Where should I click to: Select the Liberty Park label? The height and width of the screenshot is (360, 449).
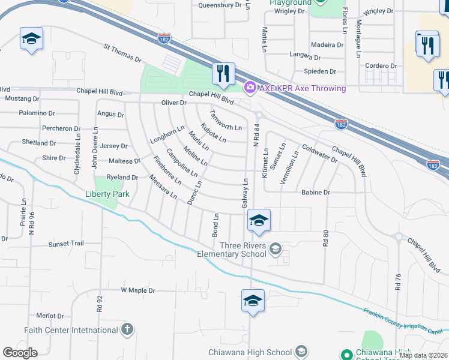(106, 194)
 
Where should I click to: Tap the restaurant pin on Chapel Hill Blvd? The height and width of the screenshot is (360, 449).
(223, 74)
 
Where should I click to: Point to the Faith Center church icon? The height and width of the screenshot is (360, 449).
(126, 329)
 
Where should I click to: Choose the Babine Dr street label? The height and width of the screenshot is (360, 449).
(315, 193)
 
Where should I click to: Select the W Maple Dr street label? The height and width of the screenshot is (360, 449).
(138, 290)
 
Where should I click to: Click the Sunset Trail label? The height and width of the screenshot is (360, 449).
(66, 244)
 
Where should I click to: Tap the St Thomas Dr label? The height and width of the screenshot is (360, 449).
(122, 53)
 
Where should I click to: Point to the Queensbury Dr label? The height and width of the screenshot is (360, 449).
(220, 5)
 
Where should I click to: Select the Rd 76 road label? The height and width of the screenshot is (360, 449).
(397, 282)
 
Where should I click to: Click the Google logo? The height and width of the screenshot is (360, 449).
(20, 353)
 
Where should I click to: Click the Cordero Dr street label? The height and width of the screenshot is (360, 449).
(381, 66)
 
